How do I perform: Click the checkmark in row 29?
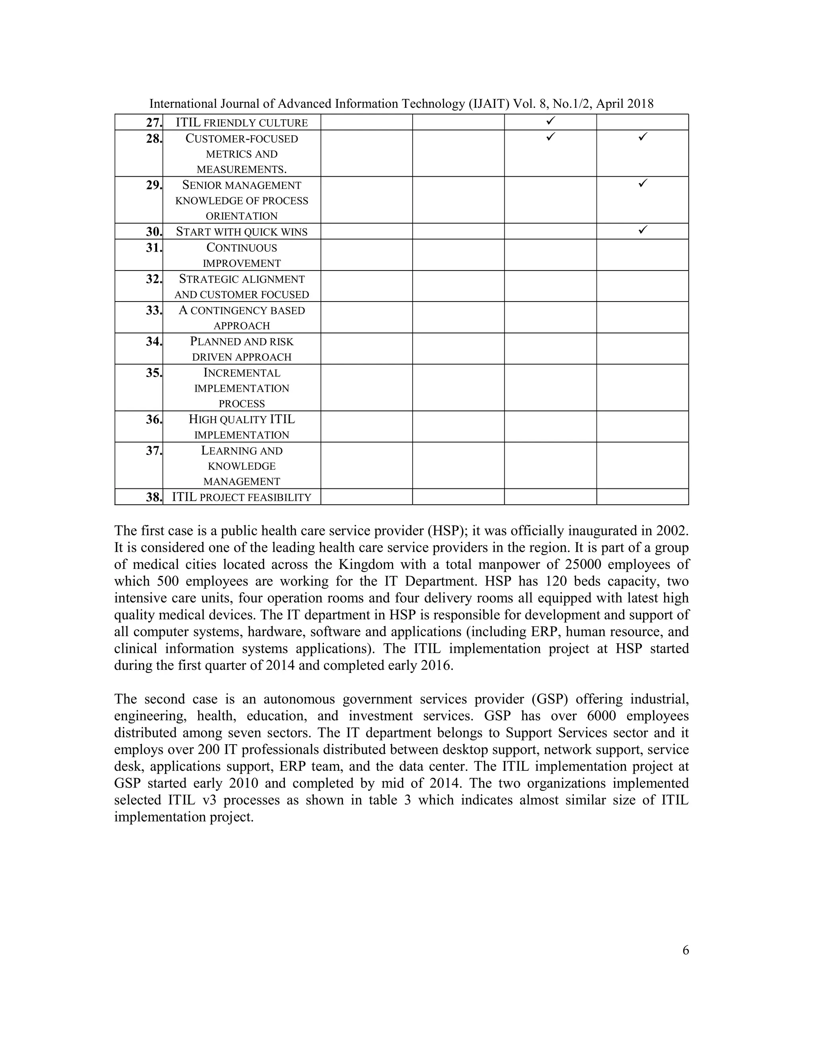[x=642, y=183]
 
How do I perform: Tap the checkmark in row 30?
[x=642, y=230]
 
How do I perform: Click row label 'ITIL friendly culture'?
[x=242, y=123]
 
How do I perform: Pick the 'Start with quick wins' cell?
[x=242, y=231]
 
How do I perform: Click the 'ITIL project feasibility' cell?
[x=242, y=497]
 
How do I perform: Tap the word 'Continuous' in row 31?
[x=242, y=247]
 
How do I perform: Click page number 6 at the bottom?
[x=686, y=950]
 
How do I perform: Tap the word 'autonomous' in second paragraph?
[x=299, y=699]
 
